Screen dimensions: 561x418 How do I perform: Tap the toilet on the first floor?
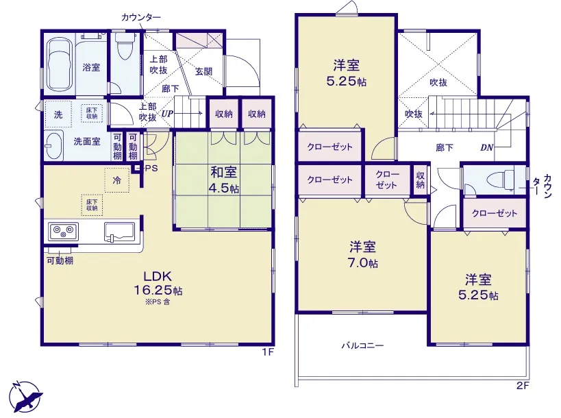point(124,47)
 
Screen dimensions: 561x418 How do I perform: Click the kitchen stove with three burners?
point(63,232)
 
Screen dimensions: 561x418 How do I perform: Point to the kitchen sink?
point(120,232)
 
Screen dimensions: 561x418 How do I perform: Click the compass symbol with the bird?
point(25,397)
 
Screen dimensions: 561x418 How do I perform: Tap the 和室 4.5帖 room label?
point(224,180)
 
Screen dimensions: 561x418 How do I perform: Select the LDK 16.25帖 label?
point(158,283)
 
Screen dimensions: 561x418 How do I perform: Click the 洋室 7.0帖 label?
point(363,255)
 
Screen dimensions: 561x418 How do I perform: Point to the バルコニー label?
point(362,346)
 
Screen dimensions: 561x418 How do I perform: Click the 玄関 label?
point(203,71)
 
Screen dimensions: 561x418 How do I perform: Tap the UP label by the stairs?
point(167,114)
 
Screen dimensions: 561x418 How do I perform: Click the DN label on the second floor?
point(486,147)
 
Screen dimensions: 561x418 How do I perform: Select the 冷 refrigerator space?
point(117,180)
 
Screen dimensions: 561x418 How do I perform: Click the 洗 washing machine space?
point(58,114)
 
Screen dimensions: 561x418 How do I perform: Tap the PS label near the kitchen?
point(151,168)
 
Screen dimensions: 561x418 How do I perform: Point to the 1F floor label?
point(268,352)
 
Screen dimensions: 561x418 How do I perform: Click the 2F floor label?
point(523,386)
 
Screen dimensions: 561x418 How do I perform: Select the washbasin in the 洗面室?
point(54,146)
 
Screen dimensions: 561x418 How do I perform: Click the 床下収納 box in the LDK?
point(92,205)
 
